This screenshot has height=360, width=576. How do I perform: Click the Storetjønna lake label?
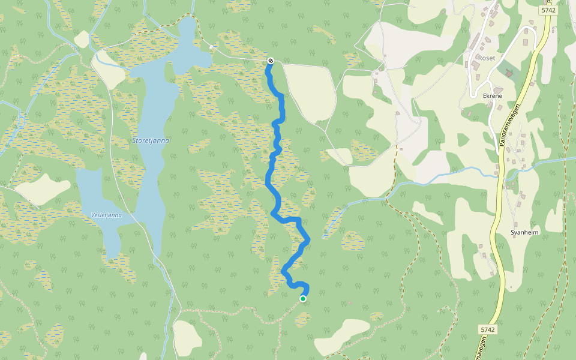click(151, 140)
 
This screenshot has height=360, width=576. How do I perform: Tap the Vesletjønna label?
click(106, 215)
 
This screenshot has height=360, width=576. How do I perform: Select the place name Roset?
click(486, 58)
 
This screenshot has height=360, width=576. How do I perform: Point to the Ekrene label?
click(491, 95)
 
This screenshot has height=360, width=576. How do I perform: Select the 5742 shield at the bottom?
click(488, 329)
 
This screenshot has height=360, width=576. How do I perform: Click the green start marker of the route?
click(303, 299)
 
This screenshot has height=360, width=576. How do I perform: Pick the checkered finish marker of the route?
click(271, 61)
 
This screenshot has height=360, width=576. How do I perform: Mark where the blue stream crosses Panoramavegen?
click(499, 175)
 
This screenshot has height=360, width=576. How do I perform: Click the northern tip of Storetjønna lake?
click(188, 19)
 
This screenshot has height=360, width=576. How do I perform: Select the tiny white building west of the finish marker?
click(211, 46)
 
